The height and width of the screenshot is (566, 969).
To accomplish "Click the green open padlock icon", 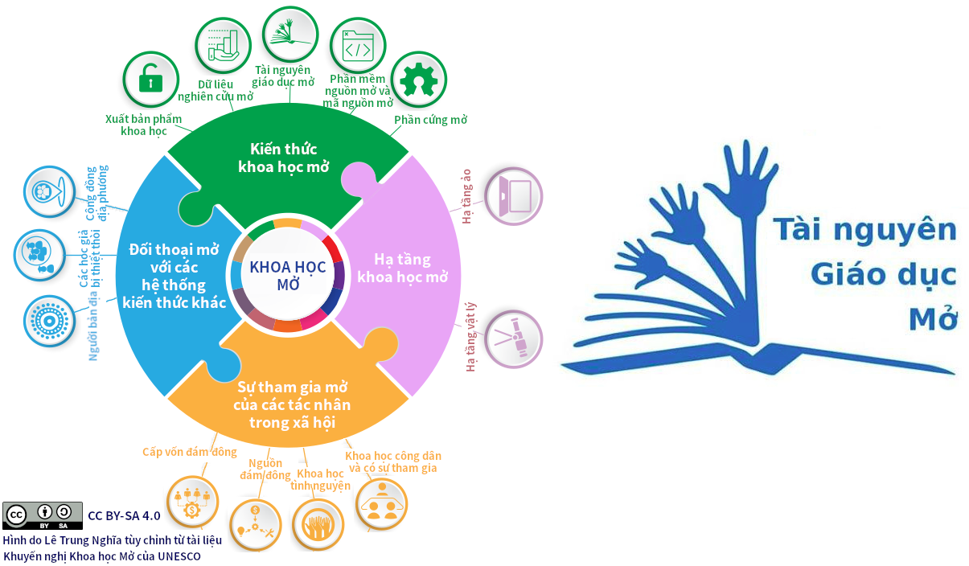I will click(x=150, y=79).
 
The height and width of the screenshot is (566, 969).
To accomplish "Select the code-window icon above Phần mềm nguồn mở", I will click(x=357, y=46).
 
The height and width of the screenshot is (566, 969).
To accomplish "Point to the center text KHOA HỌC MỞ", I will click(x=288, y=275).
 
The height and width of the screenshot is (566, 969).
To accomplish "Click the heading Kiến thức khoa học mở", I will click(x=284, y=158).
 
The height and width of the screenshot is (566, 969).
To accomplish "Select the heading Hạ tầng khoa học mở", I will click(x=402, y=269).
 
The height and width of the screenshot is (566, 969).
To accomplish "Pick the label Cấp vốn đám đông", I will click(x=190, y=452).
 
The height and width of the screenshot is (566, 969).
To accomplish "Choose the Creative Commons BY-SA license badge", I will click(x=43, y=515).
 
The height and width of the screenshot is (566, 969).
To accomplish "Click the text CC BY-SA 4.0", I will click(x=124, y=515).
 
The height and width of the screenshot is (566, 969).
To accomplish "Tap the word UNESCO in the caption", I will click(x=179, y=556).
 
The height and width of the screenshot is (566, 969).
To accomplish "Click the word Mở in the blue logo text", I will click(x=933, y=318).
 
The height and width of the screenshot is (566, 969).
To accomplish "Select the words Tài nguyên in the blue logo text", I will click(x=864, y=230).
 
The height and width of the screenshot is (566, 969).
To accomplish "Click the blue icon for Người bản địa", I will click(x=49, y=321).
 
